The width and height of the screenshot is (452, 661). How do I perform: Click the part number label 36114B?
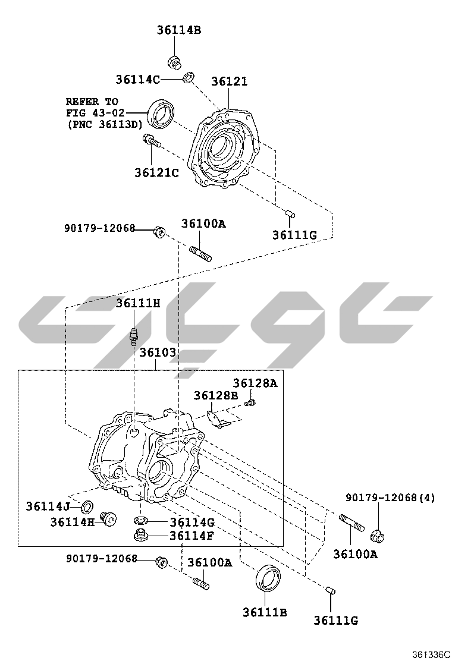pos(179,30)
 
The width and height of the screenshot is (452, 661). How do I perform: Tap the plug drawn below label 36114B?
pos(174,62)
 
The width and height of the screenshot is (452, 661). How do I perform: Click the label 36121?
pos(229,81)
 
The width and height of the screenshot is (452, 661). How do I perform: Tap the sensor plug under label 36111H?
pos(134,336)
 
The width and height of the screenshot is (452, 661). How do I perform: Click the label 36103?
pos(158,352)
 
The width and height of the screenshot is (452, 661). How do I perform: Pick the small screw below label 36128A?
pos(250,403)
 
